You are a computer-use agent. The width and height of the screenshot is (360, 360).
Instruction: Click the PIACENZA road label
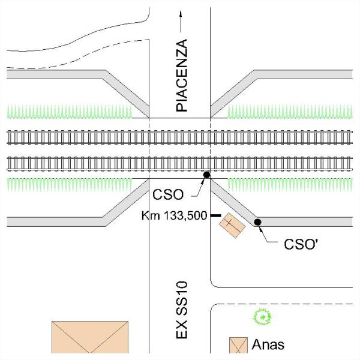(x=182, y=76)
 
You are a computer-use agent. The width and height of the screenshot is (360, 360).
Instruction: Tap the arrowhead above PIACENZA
(x=181, y=14)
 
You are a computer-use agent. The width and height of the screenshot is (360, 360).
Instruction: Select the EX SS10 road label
(x=182, y=310)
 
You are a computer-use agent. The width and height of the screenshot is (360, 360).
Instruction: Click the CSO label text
(x=168, y=194)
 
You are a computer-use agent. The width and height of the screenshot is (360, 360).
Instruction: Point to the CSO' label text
(x=301, y=244)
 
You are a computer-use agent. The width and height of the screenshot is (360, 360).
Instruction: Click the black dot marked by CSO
(x=206, y=175)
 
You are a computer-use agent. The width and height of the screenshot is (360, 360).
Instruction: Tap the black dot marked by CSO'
(x=257, y=222)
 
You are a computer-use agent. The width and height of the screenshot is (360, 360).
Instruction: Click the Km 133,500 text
(x=174, y=215)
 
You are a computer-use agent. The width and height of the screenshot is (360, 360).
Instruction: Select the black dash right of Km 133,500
(x=216, y=215)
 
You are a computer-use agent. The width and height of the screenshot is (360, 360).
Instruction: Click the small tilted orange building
(x=232, y=225)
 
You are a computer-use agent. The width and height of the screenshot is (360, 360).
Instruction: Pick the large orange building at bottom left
(x=90, y=337)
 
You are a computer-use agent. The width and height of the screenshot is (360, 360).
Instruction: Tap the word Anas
(x=268, y=344)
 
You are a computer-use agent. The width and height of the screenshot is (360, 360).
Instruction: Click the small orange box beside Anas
(x=239, y=345)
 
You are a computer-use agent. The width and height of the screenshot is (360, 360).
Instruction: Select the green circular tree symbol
(x=262, y=317)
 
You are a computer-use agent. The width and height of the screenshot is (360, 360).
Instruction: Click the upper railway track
(x=180, y=137)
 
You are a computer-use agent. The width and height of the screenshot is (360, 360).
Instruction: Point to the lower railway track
(x=180, y=164)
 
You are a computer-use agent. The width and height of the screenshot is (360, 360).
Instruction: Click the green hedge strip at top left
(x=70, y=112)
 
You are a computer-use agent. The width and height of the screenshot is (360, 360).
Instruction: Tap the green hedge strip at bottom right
(x=290, y=185)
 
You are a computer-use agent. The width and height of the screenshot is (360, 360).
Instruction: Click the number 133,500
(x=185, y=216)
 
